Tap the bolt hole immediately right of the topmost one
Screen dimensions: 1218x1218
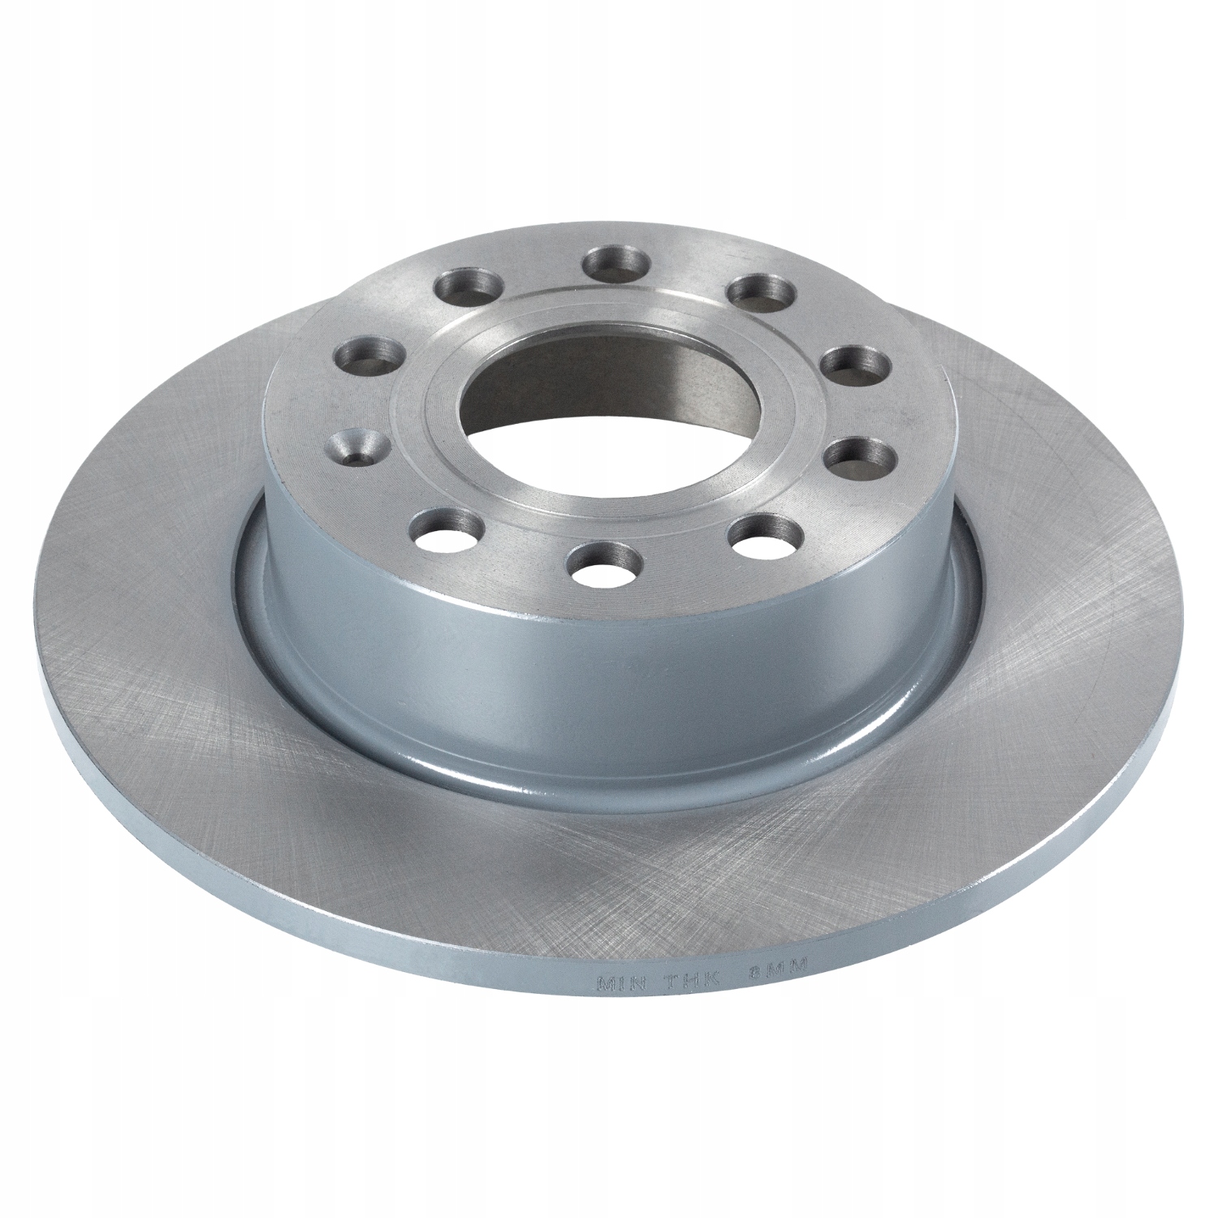point(757,293)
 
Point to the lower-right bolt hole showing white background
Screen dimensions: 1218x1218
point(761,533)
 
